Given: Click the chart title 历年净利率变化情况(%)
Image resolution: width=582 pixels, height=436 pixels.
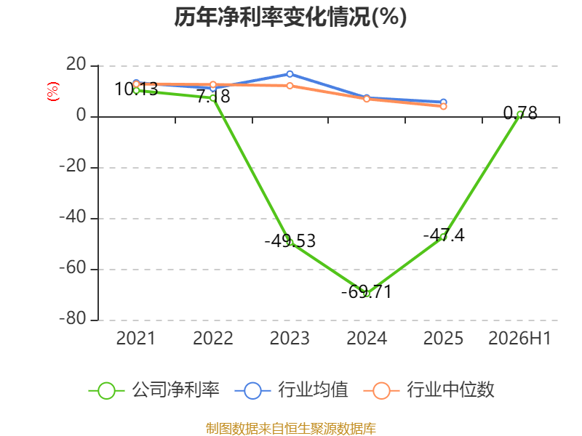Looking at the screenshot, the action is click(x=290, y=17).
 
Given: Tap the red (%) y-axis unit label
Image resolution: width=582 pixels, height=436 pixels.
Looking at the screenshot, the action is click(x=52, y=92).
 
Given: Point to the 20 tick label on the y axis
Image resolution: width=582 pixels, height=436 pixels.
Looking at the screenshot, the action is click(x=76, y=65).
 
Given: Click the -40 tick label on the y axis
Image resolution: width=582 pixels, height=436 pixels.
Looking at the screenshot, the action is click(x=73, y=217).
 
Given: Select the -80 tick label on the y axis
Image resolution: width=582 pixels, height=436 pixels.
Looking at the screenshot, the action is click(x=73, y=318).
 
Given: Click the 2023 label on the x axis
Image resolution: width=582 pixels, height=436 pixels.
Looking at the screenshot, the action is click(x=290, y=339).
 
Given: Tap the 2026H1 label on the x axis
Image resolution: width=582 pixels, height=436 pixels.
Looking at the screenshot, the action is click(x=519, y=339).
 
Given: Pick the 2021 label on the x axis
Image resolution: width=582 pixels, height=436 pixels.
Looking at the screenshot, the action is click(x=136, y=339).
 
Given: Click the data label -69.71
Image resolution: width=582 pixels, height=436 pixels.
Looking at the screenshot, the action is click(x=367, y=292).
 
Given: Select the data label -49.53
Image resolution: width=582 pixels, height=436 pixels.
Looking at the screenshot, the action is click(x=290, y=241).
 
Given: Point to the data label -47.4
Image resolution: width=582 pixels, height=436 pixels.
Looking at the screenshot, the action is click(x=444, y=235).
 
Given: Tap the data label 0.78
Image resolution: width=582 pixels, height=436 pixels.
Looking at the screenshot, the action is click(x=520, y=113).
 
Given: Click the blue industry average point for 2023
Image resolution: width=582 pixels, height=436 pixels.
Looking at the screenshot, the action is click(x=290, y=74).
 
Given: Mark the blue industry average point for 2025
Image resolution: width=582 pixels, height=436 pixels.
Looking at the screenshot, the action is click(x=443, y=102).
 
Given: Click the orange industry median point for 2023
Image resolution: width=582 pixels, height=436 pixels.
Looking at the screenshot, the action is click(x=290, y=86).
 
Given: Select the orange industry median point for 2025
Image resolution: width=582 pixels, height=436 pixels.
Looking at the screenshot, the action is click(x=443, y=106).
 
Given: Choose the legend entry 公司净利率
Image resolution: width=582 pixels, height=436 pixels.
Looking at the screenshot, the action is click(x=154, y=390).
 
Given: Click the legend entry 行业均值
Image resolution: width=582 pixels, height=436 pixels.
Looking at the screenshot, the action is click(x=292, y=390).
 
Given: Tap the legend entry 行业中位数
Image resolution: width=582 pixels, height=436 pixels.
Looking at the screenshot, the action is click(x=429, y=390).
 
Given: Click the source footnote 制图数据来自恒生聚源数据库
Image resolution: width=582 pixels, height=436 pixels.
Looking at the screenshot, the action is click(x=291, y=429).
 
